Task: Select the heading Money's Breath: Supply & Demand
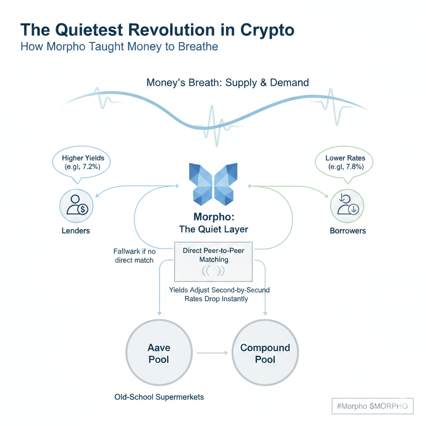click(228, 82)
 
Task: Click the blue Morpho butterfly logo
click(213, 184)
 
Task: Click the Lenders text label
click(76, 230)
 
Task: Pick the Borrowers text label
click(348, 230)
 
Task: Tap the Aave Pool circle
click(159, 354)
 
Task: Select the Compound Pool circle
click(265, 354)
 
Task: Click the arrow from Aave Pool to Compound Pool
click(212, 353)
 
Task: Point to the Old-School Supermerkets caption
click(159, 397)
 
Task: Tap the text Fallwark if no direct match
click(134, 256)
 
